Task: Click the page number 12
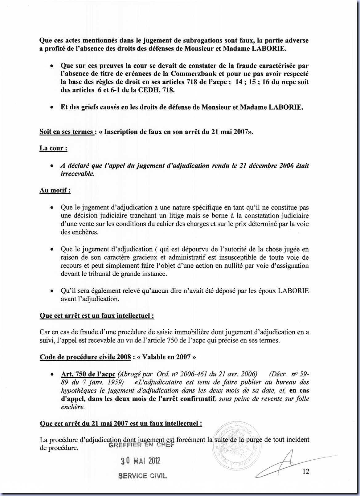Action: pyautogui.click(x=306, y=471)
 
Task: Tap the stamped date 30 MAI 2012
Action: pyautogui.click(x=141, y=461)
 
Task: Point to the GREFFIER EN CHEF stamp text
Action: pyautogui.click(x=141, y=445)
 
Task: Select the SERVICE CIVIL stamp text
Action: pyautogui.click(x=142, y=476)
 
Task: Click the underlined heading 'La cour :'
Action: pyautogui.click(x=53, y=148)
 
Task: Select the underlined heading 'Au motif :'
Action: pyautogui.click(x=55, y=190)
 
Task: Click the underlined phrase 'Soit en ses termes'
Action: pyautogui.click(x=67, y=132)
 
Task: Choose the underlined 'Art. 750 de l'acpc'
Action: pyautogui.click(x=88, y=374)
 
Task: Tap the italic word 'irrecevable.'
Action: pyautogui.click(x=77, y=173)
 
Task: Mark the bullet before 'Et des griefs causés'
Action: pyautogui.click(x=52, y=108)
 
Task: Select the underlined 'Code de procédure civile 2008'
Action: pyautogui.click(x=85, y=357)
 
